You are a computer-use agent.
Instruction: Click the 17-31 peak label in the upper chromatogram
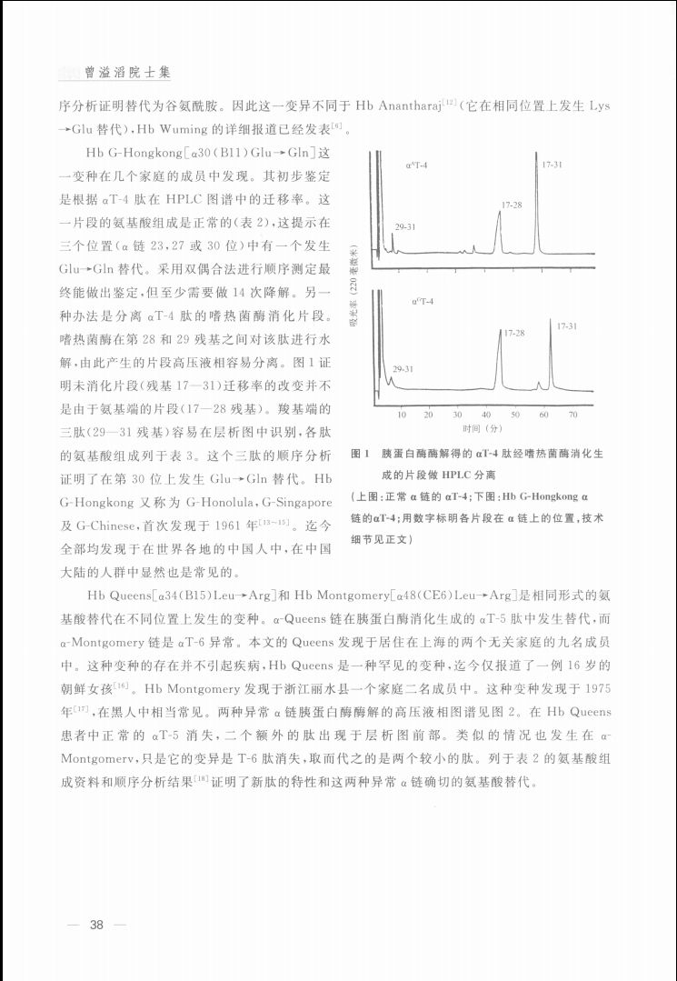click(552, 165)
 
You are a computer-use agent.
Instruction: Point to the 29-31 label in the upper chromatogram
click(405, 225)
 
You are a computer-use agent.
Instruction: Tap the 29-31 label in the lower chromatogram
click(403, 369)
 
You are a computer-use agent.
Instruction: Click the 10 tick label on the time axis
click(402, 415)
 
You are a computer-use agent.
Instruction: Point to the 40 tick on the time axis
click(486, 415)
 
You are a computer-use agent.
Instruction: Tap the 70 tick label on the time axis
click(572, 415)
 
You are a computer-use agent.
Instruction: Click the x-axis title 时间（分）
click(482, 427)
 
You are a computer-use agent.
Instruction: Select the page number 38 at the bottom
click(97, 926)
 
